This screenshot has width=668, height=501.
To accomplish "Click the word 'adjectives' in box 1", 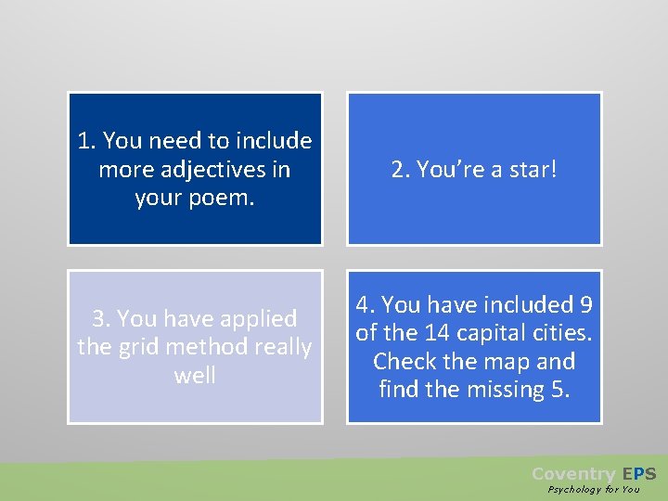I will [x=206, y=170].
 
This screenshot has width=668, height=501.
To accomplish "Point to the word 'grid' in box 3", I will [x=138, y=347].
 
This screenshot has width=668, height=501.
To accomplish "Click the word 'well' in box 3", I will [x=195, y=376].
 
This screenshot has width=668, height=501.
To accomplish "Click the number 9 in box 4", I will [x=586, y=304].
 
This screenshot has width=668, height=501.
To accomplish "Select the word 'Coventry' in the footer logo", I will [x=572, y=474].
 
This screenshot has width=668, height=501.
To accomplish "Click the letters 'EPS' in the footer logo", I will [x=639, y=474].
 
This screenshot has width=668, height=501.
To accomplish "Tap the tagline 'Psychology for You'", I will [x=593, y=489].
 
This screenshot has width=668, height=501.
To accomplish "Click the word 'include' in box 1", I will [x=274, y=141].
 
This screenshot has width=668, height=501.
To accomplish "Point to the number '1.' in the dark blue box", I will [x=87, y=141].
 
